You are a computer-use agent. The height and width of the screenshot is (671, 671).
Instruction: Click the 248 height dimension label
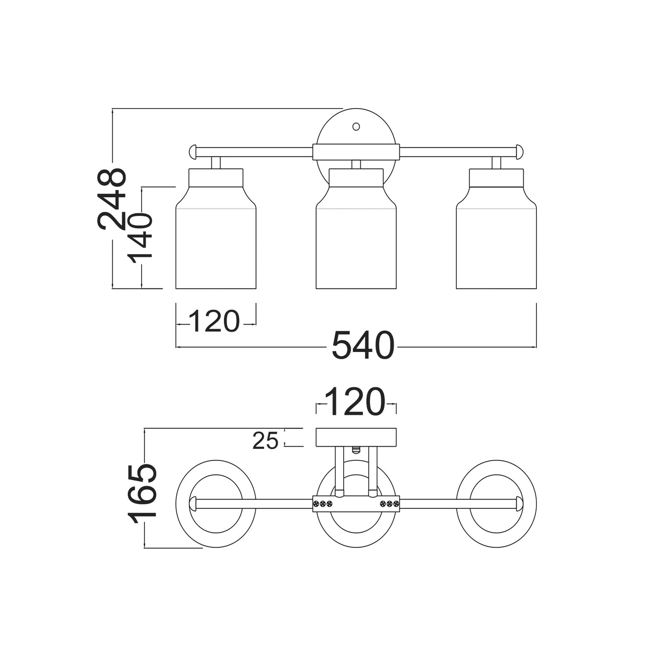pos(111,199)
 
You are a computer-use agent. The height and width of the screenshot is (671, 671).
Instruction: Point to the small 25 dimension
pos(265,441)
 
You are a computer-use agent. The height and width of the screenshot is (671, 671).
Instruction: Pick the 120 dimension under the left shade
pos(215,321)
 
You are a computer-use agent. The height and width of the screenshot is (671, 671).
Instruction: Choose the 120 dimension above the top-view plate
pos(356,402)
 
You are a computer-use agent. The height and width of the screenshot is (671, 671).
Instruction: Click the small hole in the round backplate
pos(356,126)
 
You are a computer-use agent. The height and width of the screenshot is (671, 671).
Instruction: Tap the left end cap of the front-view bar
pos(193,152)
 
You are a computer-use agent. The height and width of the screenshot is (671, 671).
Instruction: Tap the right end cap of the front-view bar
pos(519,152)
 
